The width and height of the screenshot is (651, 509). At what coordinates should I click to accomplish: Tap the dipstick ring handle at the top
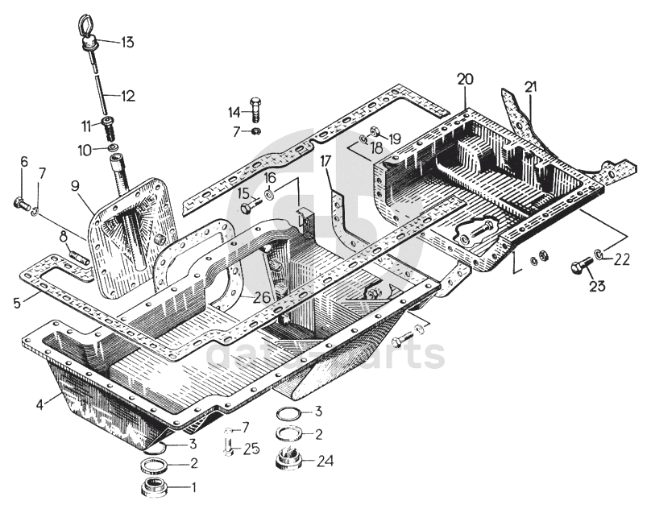tap(86, 29)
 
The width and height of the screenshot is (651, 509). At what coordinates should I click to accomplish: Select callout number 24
tap(325, 461)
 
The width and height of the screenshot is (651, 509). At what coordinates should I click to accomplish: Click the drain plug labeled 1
tap(154, 487)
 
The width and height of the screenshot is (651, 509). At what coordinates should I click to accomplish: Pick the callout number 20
tap(466, 79)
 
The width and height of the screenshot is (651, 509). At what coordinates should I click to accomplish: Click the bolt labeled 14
tap(254, 110)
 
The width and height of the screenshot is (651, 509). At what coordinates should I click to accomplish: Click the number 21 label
tap(530, 86)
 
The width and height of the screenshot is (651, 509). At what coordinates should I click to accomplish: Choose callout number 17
tap(325, 161)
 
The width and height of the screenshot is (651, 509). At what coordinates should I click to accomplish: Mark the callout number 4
tap(39, 404)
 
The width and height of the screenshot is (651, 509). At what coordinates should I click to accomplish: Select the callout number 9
tap(74, 186)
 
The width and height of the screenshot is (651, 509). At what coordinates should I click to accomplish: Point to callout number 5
tap(15, 305)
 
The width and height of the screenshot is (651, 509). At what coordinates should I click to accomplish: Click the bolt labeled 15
tap(247, 207)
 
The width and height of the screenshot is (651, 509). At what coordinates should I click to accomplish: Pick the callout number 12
tap(128, 96)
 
